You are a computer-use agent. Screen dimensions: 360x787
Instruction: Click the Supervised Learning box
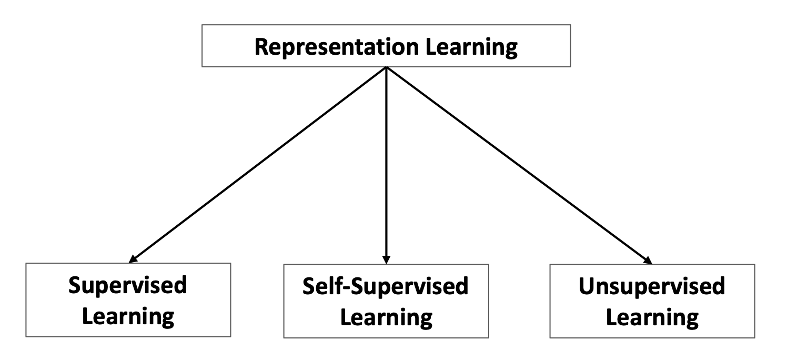coord(128,301)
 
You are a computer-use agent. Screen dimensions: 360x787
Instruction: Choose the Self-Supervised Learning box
coord(386,301)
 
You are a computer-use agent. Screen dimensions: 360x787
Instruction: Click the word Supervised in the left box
coord(128,286)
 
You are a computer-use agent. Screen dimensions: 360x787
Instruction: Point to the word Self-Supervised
coord(386,287)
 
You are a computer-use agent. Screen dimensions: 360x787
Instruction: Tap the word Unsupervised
coord(651,287)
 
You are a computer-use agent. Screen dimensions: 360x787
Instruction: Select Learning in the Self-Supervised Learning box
coord(386,318)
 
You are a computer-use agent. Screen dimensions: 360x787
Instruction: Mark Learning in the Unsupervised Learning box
coord(652,318)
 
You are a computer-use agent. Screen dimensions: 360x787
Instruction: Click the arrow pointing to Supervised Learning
coord(258,164)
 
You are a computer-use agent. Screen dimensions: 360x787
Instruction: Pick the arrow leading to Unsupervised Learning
coord(518,164)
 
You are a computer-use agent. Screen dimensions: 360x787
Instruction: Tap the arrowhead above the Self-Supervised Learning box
coord(386,259)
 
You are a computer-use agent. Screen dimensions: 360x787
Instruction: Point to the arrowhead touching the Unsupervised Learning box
coord(648,259)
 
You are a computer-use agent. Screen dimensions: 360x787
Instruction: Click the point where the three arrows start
coord(386,67)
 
